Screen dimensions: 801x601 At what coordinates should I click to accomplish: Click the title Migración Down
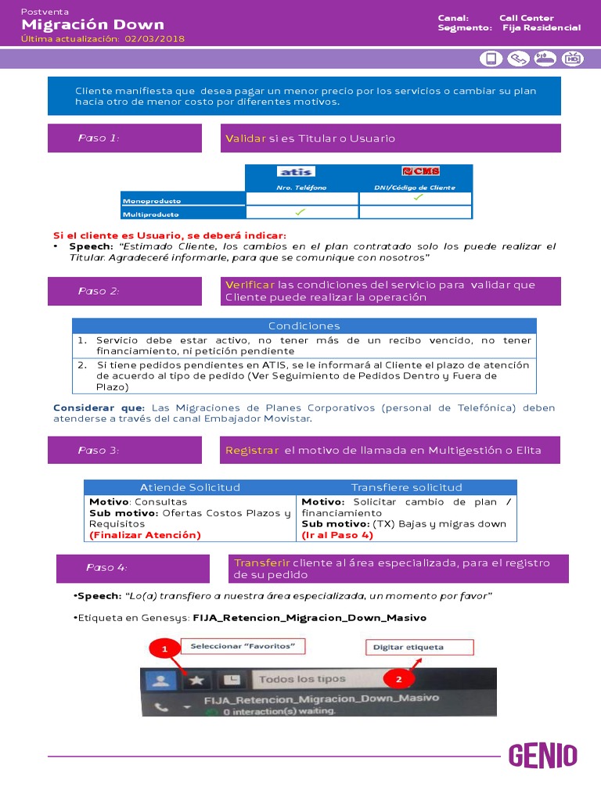coord(93,25)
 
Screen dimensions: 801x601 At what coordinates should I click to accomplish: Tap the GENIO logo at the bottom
coord(543,756)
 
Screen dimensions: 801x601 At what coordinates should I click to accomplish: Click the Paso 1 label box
coord(125,138)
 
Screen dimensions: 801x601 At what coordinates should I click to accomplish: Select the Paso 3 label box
coord(125,450)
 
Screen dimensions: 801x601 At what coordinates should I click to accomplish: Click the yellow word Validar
coord(246,138)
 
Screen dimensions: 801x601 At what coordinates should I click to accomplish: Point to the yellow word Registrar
coord(251,450)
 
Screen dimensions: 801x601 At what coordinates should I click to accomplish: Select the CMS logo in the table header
coord(416,172)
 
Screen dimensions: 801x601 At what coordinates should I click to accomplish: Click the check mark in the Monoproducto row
coord(418,198)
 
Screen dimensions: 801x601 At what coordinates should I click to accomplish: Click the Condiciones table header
coord(304,325)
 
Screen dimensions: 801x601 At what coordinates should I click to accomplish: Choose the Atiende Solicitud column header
coord(189,487)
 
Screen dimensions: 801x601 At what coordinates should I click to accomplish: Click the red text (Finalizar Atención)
coord(145,535)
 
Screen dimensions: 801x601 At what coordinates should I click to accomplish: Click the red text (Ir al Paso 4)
coord(337,535)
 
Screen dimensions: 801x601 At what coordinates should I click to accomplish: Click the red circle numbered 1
coord(164,649)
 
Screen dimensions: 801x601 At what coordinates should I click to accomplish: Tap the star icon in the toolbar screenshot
coord(196,681)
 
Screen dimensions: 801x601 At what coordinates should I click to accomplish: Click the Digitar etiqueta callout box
coord(419,647)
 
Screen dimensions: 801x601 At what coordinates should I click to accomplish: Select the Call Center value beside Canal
coord(526,17)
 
